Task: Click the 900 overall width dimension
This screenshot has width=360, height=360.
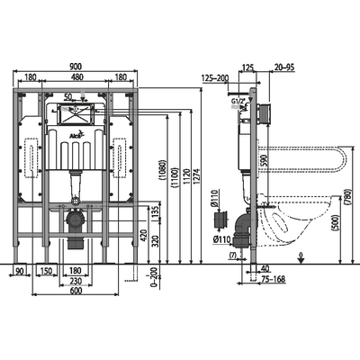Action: [76, 67]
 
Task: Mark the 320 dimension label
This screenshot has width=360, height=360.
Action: [155, 241]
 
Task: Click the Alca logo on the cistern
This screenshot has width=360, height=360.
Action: [76, 136]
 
